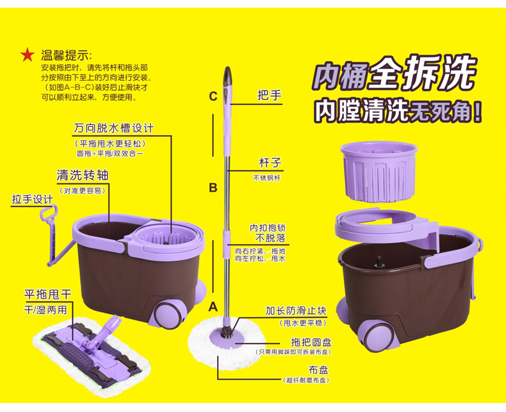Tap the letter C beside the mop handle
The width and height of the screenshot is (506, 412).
coord(213,97)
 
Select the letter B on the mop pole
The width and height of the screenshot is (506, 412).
coord(213,188)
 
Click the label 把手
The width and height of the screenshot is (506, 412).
coord(270,95)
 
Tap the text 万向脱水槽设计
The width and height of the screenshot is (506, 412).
coord(113,128)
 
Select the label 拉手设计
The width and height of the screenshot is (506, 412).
coord(32,199)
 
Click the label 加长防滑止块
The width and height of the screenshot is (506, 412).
coord(295,311)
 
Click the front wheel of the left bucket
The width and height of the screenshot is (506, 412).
coord(175,312)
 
